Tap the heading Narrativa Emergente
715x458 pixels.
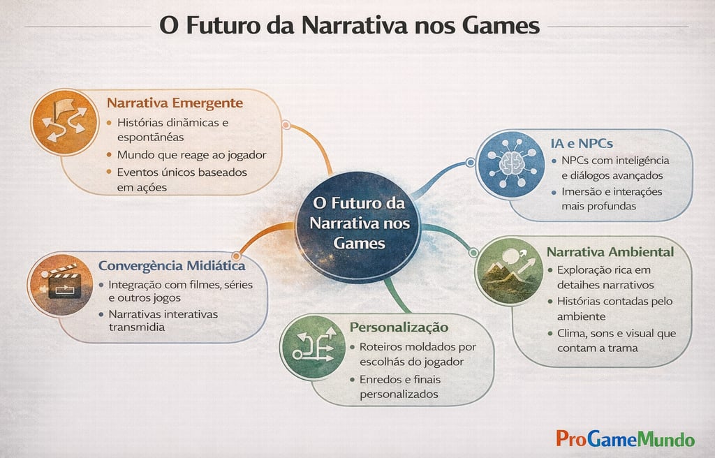(x=175, y=103)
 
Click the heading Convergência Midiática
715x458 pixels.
(x=172, y=266)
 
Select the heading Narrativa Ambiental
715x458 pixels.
(x=610, y=252)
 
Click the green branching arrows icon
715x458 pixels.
(x=311, y=346)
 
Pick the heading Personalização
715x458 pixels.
(x=399, y=327)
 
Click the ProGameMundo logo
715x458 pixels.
(x=625, y=439)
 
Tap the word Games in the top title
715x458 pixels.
(x=501, y=25)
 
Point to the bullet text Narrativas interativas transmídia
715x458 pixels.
(x=163, y=320)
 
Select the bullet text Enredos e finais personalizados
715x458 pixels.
(x=399, y=387)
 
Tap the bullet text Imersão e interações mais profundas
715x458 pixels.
(x=612, y=198)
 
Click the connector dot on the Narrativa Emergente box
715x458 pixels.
(x=286, y=125)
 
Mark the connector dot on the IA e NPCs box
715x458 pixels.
(x=471, y=163)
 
